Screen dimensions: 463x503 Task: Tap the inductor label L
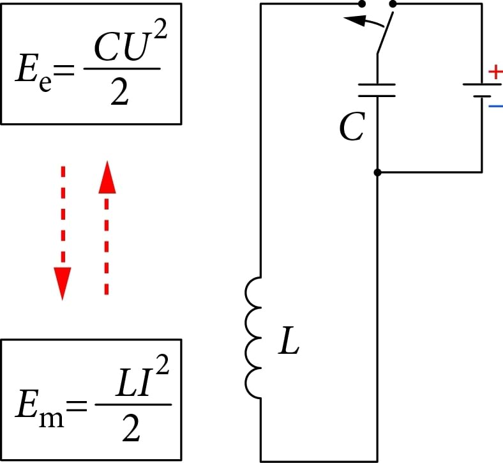[289, 345]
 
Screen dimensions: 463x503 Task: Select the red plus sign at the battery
[495, 72]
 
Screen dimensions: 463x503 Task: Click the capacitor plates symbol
[377, 89]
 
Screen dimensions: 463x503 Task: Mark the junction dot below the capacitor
[377, 172]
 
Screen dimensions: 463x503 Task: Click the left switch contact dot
[362, 4]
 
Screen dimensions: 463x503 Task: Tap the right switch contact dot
[392, 4]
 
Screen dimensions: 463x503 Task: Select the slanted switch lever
[384, 32]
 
